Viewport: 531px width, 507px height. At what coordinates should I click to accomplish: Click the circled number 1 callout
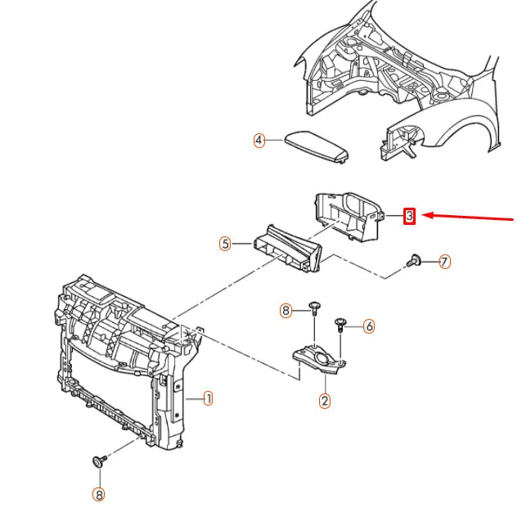pos(209,398)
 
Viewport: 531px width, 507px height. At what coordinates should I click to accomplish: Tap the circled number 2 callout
pos(325,401)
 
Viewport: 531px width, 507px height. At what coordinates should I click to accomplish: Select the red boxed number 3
pos(409,216)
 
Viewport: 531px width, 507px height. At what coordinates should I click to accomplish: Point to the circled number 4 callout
pos(259,140)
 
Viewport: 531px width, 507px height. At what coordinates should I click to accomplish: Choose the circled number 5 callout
pos(225,244)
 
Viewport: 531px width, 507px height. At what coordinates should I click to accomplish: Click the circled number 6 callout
pos(369,326)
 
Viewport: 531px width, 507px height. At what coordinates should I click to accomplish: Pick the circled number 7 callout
pos(444,262)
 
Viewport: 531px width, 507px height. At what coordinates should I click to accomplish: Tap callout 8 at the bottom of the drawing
pos(98,495)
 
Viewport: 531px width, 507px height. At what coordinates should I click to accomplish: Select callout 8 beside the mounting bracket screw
pos(286,310)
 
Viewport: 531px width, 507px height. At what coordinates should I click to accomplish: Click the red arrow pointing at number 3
pos(468,217)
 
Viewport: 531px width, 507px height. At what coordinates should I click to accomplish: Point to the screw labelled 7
pos(414,260)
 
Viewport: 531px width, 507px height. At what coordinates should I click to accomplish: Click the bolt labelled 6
pos(340,325)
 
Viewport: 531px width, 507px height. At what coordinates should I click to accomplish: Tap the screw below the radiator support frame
pos(100,461)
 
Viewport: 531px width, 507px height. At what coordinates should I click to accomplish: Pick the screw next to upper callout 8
pos(314,308)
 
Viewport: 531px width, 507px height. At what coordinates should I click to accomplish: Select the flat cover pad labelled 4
pos(317,146)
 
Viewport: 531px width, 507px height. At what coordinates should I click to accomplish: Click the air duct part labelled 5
pos(287,249)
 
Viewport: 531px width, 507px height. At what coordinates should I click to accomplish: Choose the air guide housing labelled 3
pos(349,217)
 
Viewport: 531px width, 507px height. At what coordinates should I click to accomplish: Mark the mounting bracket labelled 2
pos(319,360)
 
